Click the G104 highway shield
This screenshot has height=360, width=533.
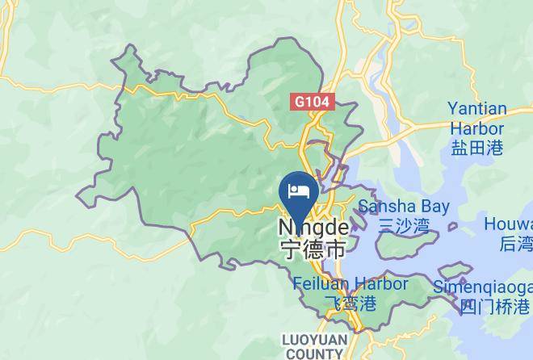coord(313,103)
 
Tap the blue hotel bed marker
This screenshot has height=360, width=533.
coord(299,192)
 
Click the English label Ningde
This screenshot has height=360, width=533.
coord(313,228)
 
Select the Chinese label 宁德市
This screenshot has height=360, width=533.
coord(312,249)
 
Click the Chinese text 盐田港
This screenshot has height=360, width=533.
coord(477,147)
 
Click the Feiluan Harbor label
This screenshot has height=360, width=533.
coord(350,284)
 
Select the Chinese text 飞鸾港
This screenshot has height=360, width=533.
coord(350,304)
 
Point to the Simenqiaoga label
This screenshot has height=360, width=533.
coord(482,287)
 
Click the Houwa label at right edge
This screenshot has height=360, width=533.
coord(508,224)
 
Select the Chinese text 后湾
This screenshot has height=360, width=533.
coord(515,244)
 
